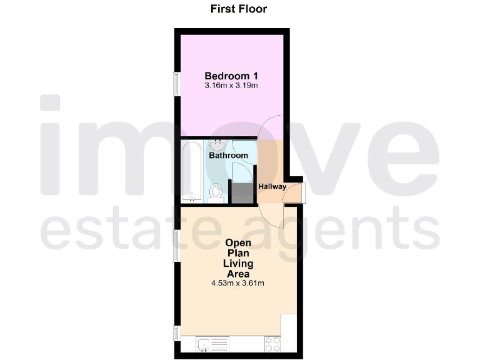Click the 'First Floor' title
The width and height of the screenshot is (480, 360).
click(x=239, y=9)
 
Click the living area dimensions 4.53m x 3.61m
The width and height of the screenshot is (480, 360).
click(x=237, y=283)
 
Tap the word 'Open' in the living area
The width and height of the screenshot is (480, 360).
click(x=237, y=243)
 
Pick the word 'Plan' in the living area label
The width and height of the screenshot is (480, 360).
click(x=237, y=253)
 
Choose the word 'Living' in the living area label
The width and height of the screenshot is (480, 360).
click(x=237, y=263)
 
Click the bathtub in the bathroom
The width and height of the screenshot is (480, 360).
click(x=191, y=172)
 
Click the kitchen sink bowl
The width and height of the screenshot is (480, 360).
click(x=204, y=343)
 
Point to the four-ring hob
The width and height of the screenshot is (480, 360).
click(x=273, y=343)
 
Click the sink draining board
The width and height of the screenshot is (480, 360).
click(x=222, y=343)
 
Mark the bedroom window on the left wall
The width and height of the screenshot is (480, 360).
click(x=177, y=84)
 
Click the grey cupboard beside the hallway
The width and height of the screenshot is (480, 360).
click(x=241, y=191)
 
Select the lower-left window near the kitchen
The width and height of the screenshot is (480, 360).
click(x=177, y=332)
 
